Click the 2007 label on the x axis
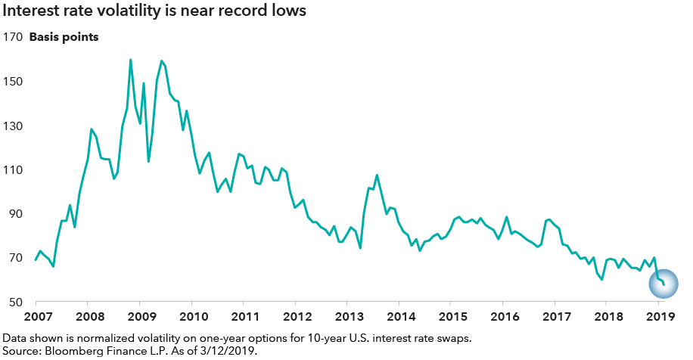(x=36, y=315)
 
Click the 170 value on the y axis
(x=12, y=37)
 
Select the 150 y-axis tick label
(x=12, y=82)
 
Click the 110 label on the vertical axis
(x=12, y=170)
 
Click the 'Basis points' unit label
(x=64, y=37)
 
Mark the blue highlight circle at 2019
(x=663, y=284)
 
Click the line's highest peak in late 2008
(x=131, y=60)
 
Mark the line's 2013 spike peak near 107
(x=377, y=175)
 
